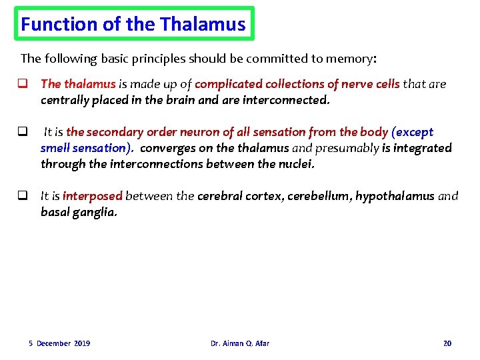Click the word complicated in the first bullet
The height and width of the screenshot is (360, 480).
229,84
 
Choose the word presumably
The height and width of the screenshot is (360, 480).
345,148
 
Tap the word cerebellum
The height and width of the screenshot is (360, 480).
317,196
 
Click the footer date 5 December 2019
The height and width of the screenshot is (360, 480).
59,343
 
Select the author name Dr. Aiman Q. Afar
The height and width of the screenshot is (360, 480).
240,343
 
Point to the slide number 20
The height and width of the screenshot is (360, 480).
447,343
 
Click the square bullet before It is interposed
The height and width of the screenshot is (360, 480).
22,196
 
